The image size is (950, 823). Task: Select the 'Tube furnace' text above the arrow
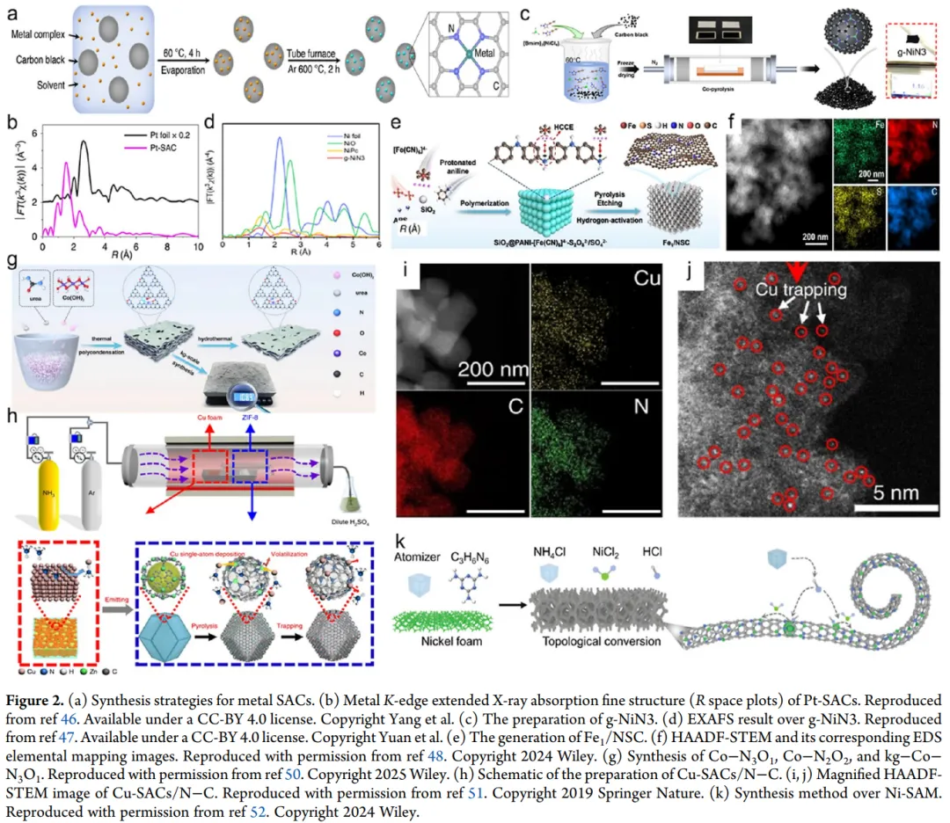coord(289,52)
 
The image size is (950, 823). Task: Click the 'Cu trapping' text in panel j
coord(798,288)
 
